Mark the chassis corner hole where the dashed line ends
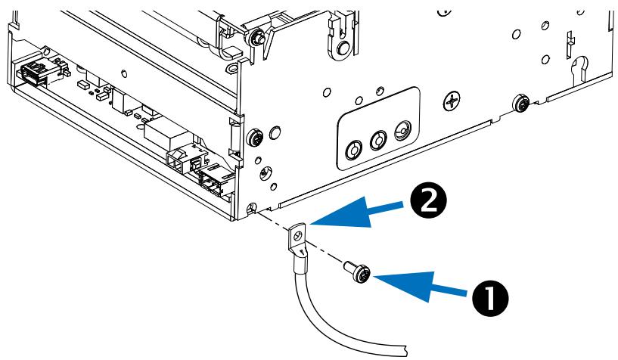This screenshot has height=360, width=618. tap(252, 208)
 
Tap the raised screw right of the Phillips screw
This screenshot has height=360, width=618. tap(520, 102)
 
